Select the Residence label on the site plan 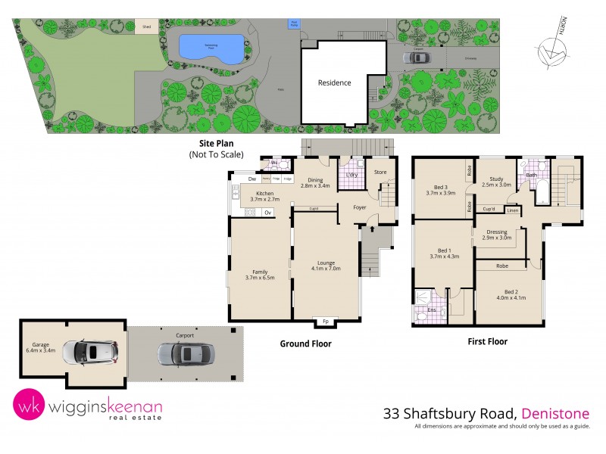(334, 82)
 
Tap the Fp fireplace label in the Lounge (326, 320)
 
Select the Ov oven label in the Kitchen (267, 213)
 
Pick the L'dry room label (351, 175)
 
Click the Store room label (381, 173)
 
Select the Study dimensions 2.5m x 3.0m (496, 185)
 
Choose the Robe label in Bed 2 (502, 266)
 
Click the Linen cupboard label (513, 210)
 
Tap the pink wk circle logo (29, 405)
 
